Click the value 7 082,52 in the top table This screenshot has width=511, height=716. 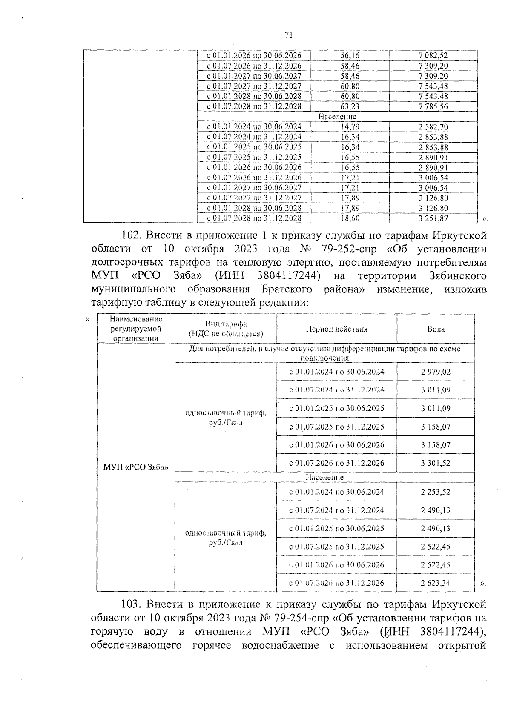(x=433, y=56)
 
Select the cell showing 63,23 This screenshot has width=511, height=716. (x=350, y=106)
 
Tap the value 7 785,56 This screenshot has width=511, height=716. (x=433, y=106)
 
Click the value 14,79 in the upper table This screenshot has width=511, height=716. (x=350, y=126)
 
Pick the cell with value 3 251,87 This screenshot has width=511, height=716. (x=433, y=218)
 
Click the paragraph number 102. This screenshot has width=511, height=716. (x=132, y=235)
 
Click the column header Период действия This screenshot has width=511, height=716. (x=336, y=329)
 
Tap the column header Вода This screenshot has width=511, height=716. (x=436, y=329)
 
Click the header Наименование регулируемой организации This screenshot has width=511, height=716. (x=135, y=329)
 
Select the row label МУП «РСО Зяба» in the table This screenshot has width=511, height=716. (x=135, y=467)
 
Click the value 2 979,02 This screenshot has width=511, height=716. (x=436, y=372)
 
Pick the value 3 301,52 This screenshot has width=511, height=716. (x=436, y=463)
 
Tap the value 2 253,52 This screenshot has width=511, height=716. (x=436, y=492)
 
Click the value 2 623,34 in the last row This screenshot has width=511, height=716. (x=436, y=583)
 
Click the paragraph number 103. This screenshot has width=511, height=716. (x=131, y=604)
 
